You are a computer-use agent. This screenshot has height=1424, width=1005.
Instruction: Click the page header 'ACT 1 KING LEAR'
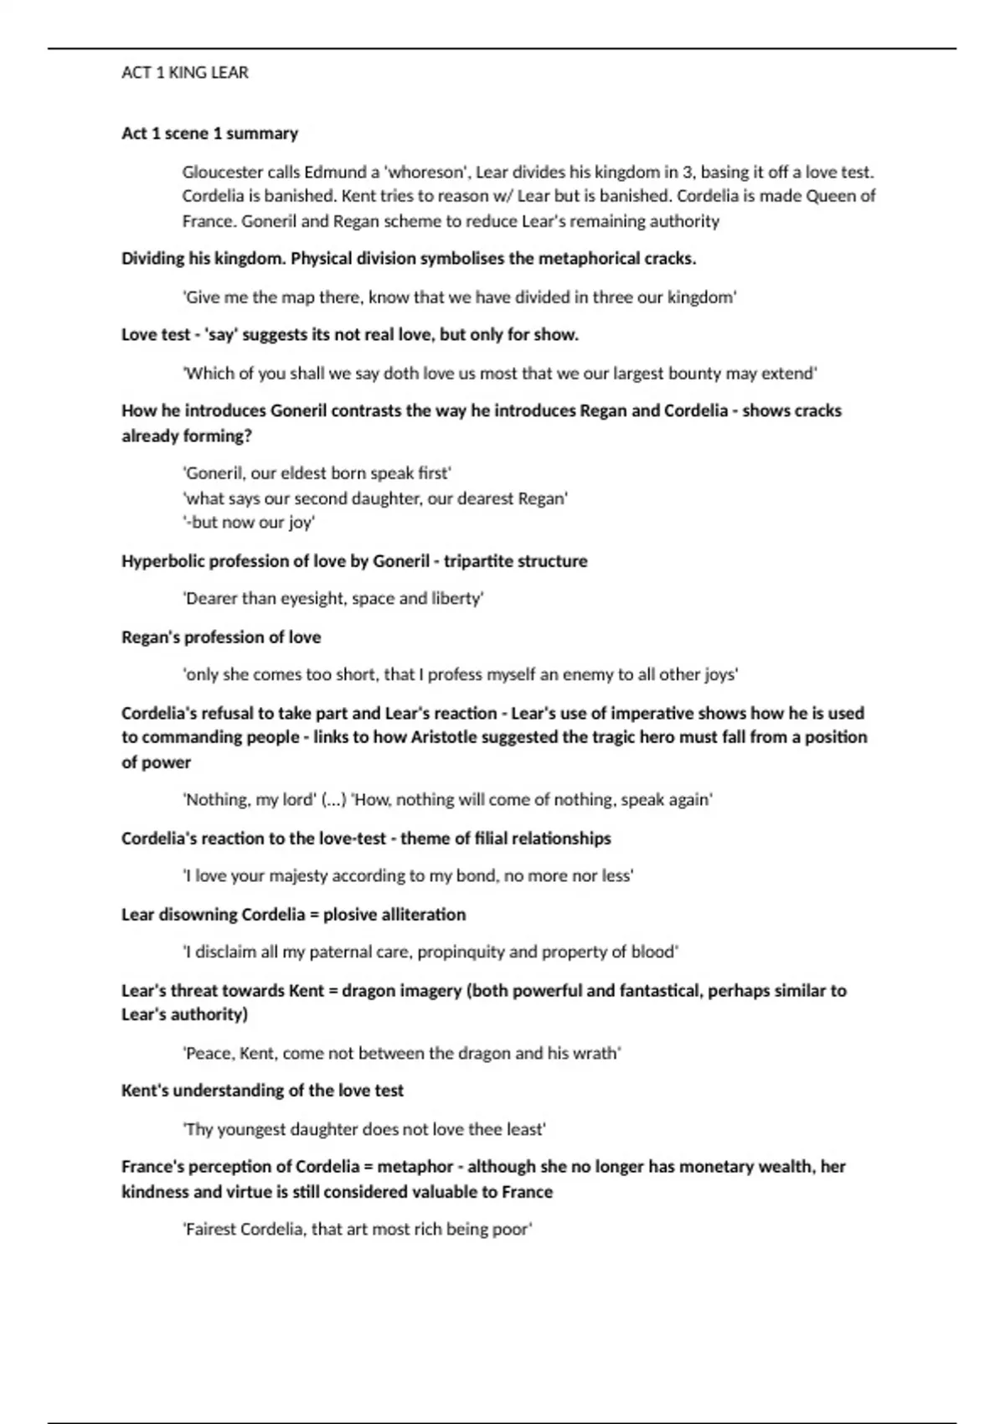coord(184,73)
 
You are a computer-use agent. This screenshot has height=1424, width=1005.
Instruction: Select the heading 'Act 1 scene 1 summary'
coord(209,133)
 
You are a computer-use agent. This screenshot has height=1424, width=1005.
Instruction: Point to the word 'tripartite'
coord(476,561)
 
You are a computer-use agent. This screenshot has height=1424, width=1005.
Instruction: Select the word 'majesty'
coord(296,876)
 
